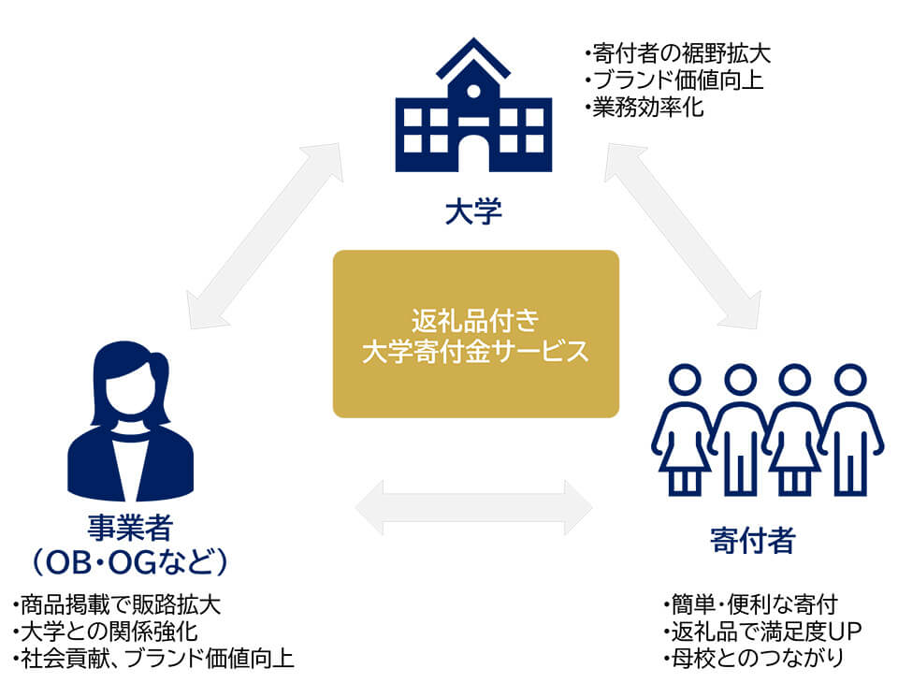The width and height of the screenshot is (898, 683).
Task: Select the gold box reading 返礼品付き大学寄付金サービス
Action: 475,333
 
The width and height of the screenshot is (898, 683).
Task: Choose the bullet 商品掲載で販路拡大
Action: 116,603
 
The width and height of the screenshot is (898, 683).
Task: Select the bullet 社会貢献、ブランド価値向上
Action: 153,659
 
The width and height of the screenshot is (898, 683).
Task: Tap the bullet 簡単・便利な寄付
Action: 748,603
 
